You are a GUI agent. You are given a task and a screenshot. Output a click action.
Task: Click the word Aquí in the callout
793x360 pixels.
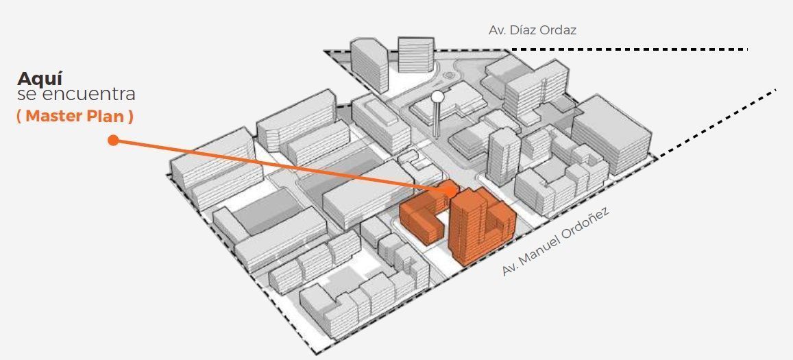click(40, 78)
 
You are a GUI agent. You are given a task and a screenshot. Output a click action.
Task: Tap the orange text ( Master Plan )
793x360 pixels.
click(75, 117)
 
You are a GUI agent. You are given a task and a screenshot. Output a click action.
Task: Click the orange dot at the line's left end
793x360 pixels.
click(113, 141)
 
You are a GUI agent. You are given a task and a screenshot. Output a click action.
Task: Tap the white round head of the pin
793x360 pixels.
click(437, 97)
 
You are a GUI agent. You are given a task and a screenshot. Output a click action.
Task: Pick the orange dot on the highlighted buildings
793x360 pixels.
click(450, 188)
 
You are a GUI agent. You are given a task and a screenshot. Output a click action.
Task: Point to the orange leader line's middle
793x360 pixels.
click(281, 165)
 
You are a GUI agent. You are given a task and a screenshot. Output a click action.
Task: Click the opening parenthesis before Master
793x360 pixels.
click(20, 117)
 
